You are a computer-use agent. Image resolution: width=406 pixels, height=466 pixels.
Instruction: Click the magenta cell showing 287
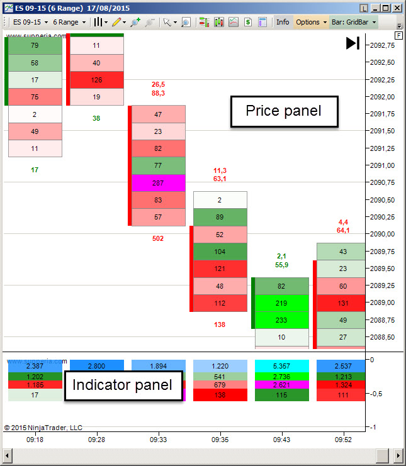tap(158, 183)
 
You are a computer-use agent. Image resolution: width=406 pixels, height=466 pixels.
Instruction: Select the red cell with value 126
tap(96, 80)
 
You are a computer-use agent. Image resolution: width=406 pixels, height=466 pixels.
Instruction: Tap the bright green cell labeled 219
tap(281, 303)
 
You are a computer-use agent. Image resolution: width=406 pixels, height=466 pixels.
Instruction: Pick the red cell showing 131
tap(343, 303)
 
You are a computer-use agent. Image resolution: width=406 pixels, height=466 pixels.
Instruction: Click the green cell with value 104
tap(220, 252)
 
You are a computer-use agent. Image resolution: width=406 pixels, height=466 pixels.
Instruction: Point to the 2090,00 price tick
tap(383, 234)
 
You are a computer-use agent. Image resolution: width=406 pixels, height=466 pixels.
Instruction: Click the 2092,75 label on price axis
tap(383, 45)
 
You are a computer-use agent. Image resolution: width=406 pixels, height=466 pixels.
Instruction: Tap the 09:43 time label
tap(281, 440)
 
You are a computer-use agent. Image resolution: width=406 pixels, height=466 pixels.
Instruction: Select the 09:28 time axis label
tap(96, 440)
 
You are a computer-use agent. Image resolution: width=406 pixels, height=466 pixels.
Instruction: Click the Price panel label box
tap(283, 111)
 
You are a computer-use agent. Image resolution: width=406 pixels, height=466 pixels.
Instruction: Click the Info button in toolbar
tap(283, 22)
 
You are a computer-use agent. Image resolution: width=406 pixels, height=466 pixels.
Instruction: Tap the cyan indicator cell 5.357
tap(281, 365)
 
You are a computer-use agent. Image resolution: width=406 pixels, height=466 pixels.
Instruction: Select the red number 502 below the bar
tap(158, 238)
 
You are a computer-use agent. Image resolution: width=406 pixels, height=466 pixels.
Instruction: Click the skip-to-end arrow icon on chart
tap(352, 43)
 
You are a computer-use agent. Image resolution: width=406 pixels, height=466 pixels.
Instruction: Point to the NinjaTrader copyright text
tap(43, 428)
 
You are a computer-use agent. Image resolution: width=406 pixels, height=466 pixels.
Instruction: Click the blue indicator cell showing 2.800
tap(96, 365)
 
